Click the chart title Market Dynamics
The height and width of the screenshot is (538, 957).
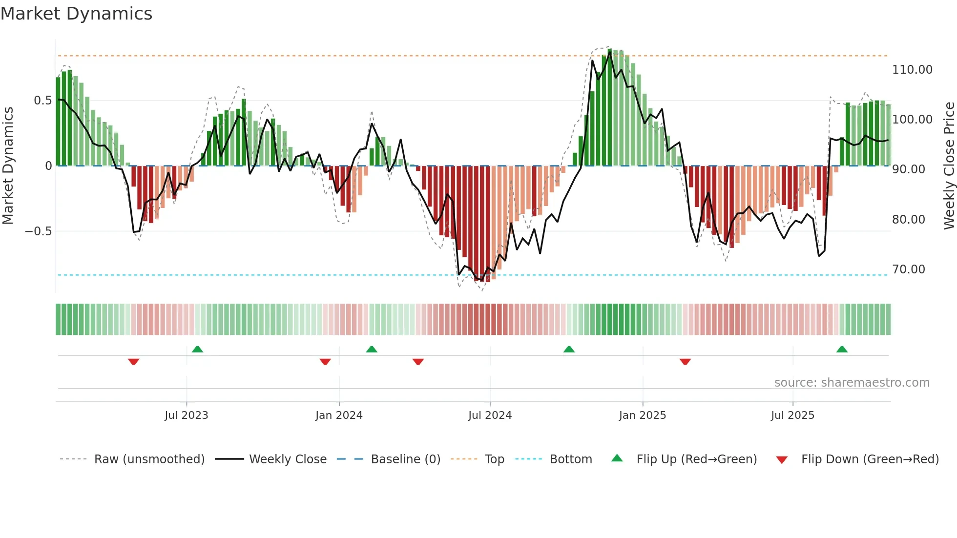point(76,14)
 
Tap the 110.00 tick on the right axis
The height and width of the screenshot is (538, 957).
point(912,70)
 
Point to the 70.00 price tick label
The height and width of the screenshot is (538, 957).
point(908,269)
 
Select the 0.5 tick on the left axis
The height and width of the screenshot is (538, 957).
point(42,101)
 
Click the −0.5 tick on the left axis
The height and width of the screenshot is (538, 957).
point(39,231)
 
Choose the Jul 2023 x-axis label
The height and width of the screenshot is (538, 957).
point(186,415)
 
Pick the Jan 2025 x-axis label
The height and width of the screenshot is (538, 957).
point(642,415)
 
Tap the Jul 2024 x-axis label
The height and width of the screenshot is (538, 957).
point(490,415)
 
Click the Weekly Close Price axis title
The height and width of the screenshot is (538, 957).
point(949,166)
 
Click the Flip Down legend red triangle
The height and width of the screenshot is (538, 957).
point(782,460)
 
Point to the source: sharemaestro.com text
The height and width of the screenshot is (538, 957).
point(852,383)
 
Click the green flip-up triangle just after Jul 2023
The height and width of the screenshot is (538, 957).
point(197,350)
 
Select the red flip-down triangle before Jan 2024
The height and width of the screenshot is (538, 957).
point(325,362)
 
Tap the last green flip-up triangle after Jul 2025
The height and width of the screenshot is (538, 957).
point(842,350)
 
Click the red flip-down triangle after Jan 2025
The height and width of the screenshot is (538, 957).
point(685,362)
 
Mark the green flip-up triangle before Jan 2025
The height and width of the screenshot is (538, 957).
point(569,350)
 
